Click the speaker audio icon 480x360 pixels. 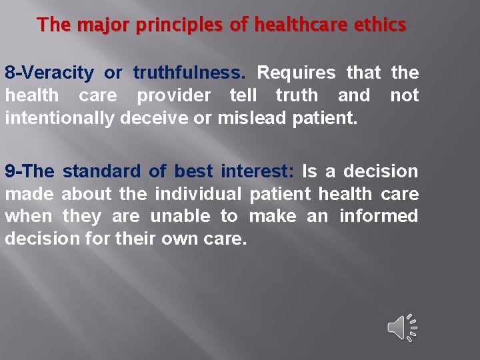pyautogui.click(x=402, y=327)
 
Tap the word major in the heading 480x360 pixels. pyautogui.click(x=97, y=26)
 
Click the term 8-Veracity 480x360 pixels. pyautogui.click(x=49, y=73)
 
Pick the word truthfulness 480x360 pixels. pyautogui.click(x=189, y=73)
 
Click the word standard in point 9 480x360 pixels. pyautogui.click(x=101, y=171)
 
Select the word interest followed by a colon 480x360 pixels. pyautogui.click(x=257, y=171)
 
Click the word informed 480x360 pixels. pyautogui.click(x=379, y=216)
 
